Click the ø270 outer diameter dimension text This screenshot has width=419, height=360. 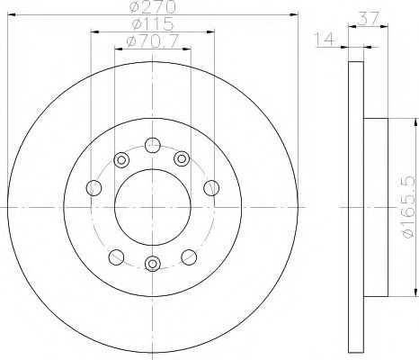(x=153, y=7)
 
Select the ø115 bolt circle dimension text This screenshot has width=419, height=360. (x=153, y=23)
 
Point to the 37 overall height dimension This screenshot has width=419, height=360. (x=369, y=19)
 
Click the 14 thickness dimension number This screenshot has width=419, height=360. (x=324, y=39)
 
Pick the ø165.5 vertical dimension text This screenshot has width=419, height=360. (x=409, y=207)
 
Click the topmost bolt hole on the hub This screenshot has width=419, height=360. (x=153, y=145)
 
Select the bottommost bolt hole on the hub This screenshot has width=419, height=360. (x=153, y=264)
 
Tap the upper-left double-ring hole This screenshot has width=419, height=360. (x=121, y=159)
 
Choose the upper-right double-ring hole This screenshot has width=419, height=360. (x=182, y=158)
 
